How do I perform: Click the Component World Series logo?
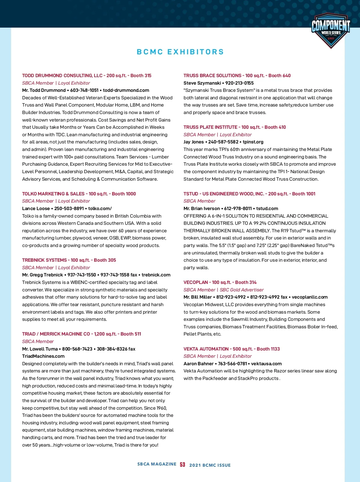tap(331, 30)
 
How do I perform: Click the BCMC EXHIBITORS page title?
tap(180, 52)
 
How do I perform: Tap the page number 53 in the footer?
tap(182, 465)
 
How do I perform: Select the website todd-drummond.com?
tap(126, 90)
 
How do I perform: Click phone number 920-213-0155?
tap(239, 83)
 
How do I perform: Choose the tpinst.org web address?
tap(253, 142)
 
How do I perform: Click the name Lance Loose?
tap(36, 209)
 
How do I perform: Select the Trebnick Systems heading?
tap(44, 260)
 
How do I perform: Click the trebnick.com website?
tap(156, 275)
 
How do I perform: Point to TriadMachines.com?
tap(43, 356)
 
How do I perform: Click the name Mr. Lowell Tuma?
tap(40, 349)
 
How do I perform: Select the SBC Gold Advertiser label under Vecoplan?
tap(241, 290)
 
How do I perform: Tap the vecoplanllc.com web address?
tap(310, 297)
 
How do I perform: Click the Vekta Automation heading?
tap(206, 349)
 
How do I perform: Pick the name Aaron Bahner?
tap(199, 364)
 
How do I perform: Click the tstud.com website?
tap(267, 209)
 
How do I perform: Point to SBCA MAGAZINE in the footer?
tap(157, 464)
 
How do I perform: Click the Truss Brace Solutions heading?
tap(212, 76)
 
